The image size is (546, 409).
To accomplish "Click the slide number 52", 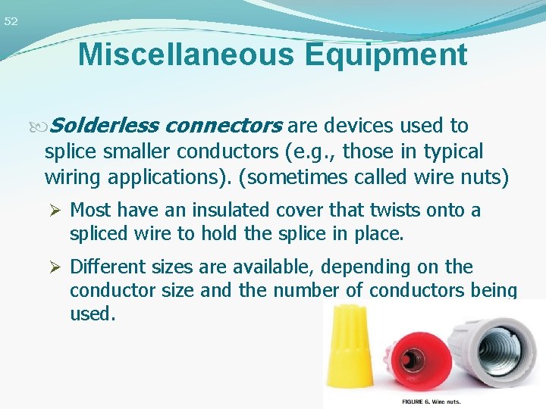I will coord(10,22).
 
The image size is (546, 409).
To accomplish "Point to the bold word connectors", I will coord(224,125).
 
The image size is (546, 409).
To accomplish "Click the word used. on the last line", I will coord(93,314).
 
